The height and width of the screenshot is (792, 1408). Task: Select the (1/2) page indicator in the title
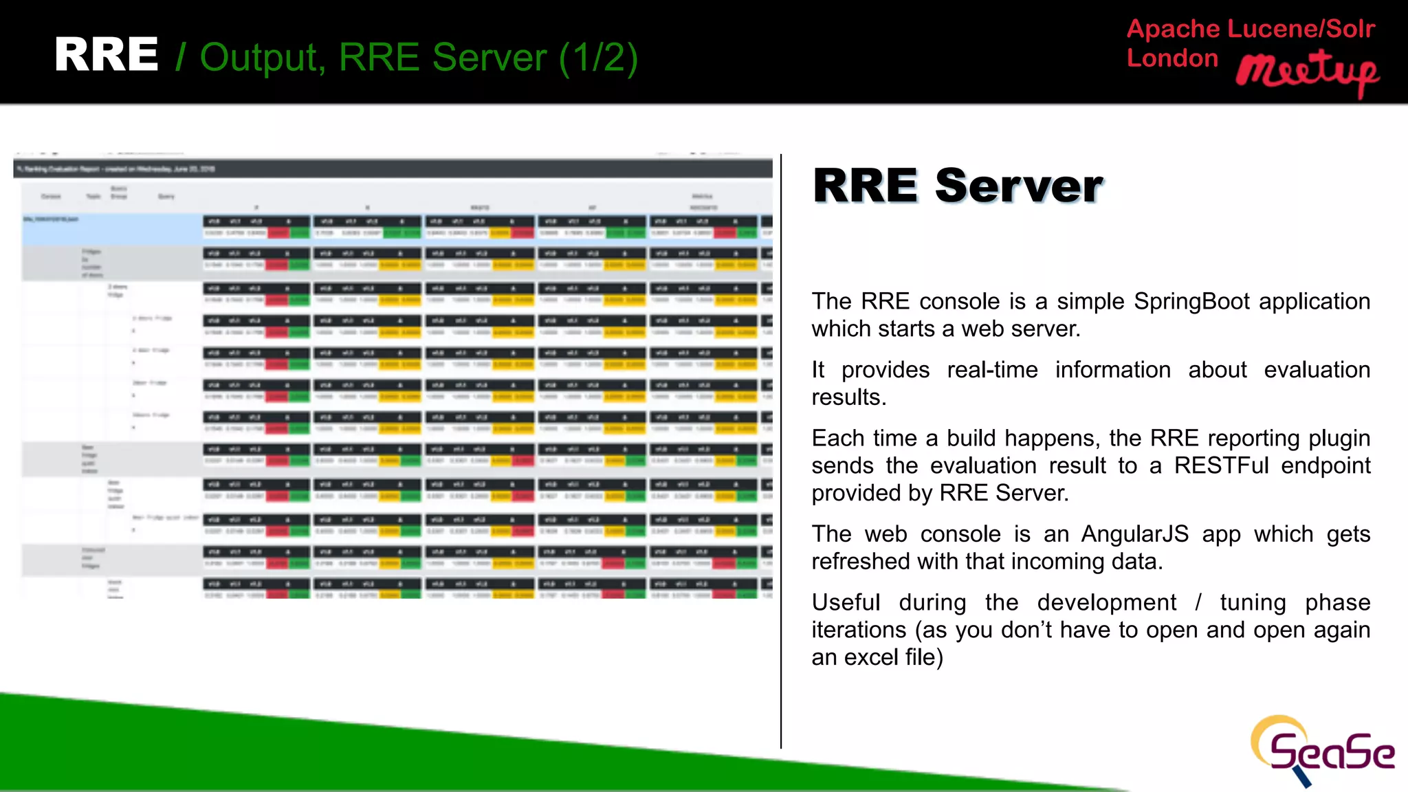[598, 58]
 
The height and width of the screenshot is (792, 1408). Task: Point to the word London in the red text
[1172, 58]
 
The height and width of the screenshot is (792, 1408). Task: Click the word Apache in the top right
[1173, 29]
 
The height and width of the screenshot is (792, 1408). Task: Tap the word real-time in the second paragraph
[992, 370]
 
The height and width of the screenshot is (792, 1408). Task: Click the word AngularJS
[1134, 534]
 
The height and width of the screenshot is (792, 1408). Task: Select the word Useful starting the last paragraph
[846, 603]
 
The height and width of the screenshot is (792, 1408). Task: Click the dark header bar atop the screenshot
[392, 168]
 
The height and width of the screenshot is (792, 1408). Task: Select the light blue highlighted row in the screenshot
[110, 229]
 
